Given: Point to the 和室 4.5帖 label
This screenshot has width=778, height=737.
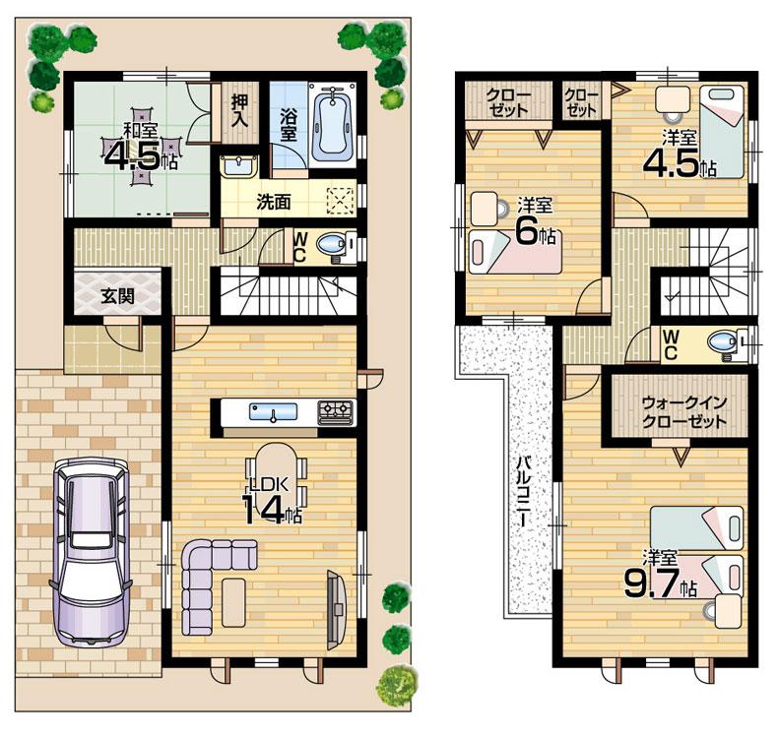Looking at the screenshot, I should (140, 148).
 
